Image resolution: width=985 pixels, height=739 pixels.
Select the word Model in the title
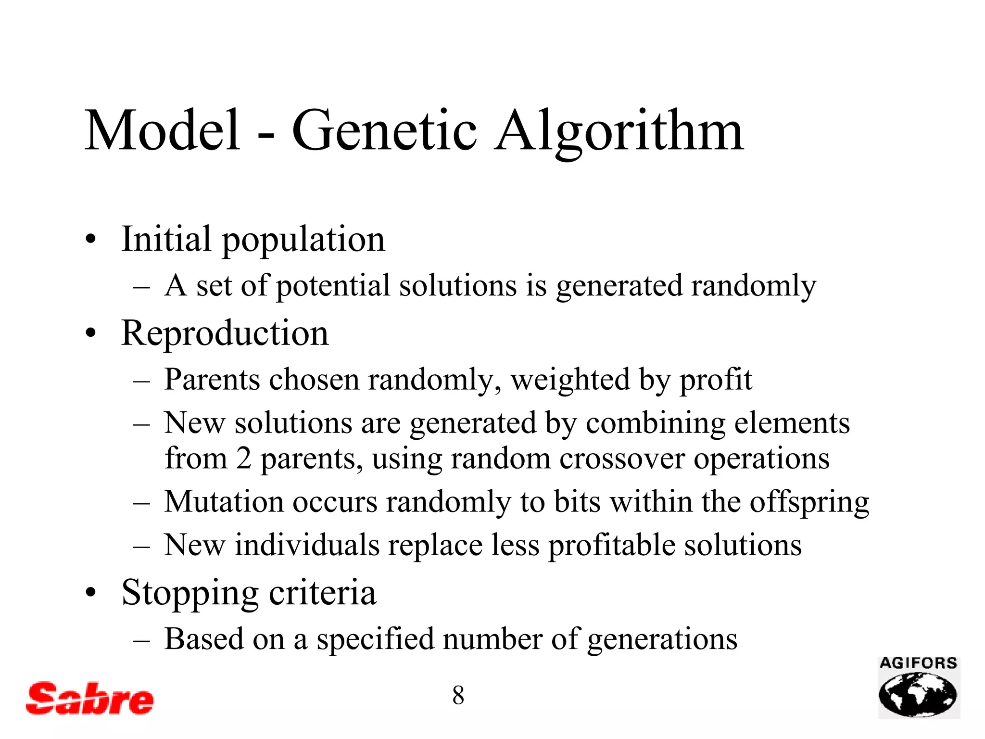[x=163, y=130]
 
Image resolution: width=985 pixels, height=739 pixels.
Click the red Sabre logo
[x=90, y=698]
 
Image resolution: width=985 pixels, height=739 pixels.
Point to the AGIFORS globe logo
[x=918, y=688]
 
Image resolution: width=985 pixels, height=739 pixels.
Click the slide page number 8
[x=458, y=695]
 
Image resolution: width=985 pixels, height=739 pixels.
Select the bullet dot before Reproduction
[x=90, y=334]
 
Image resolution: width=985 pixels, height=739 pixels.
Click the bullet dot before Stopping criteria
[x=90, y=593]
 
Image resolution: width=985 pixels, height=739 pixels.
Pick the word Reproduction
[x=225, y=333]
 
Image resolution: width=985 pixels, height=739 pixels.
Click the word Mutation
[x=224, y=502]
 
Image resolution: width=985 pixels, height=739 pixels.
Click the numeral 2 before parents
[x=244, y=459]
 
